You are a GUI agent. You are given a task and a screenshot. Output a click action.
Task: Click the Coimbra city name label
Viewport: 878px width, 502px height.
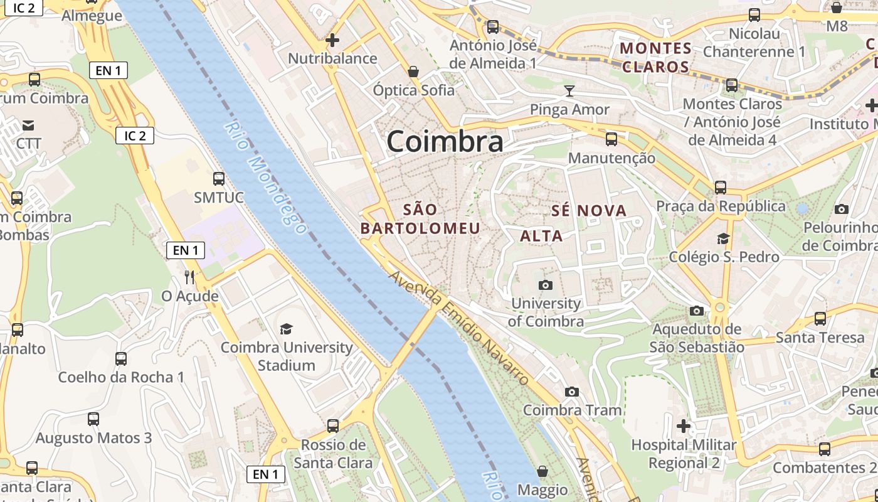445,142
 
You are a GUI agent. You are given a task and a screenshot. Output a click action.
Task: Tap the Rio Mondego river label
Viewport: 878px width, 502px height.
265,178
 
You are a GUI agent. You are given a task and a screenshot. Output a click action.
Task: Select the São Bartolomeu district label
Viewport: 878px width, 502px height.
420,218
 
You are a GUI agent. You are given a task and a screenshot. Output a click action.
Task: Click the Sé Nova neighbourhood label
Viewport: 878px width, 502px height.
589,211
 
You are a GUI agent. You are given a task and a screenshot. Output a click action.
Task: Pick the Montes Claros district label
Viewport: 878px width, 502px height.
655,57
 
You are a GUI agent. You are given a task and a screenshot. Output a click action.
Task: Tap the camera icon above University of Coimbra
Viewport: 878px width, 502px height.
546,285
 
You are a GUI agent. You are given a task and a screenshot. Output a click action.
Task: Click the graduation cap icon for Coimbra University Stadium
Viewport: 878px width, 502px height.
286,329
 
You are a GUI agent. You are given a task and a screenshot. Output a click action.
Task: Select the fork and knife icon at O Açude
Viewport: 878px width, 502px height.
189,277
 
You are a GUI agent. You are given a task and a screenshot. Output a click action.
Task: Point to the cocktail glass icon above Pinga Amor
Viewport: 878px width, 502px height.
569,91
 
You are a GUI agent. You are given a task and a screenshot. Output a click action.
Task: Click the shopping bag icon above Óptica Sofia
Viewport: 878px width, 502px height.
413,72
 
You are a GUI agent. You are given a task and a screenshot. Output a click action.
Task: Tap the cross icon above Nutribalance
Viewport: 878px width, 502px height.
332,40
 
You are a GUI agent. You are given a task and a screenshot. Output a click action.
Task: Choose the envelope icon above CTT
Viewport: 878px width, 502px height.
28,125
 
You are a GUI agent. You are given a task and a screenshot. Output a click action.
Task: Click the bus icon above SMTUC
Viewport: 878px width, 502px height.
218,179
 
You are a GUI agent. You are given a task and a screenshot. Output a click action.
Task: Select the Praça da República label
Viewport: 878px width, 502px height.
721,206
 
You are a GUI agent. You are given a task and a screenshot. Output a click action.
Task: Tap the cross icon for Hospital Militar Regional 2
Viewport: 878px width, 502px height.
684,427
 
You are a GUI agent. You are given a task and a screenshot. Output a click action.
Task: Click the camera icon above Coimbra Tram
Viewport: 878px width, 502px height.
572,392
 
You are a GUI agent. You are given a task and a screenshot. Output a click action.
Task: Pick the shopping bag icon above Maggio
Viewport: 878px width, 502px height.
542,471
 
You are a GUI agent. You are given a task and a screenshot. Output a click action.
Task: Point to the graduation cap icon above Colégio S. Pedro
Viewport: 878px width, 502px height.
723,238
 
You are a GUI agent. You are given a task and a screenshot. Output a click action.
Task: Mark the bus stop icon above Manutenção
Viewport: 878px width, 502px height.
611,139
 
